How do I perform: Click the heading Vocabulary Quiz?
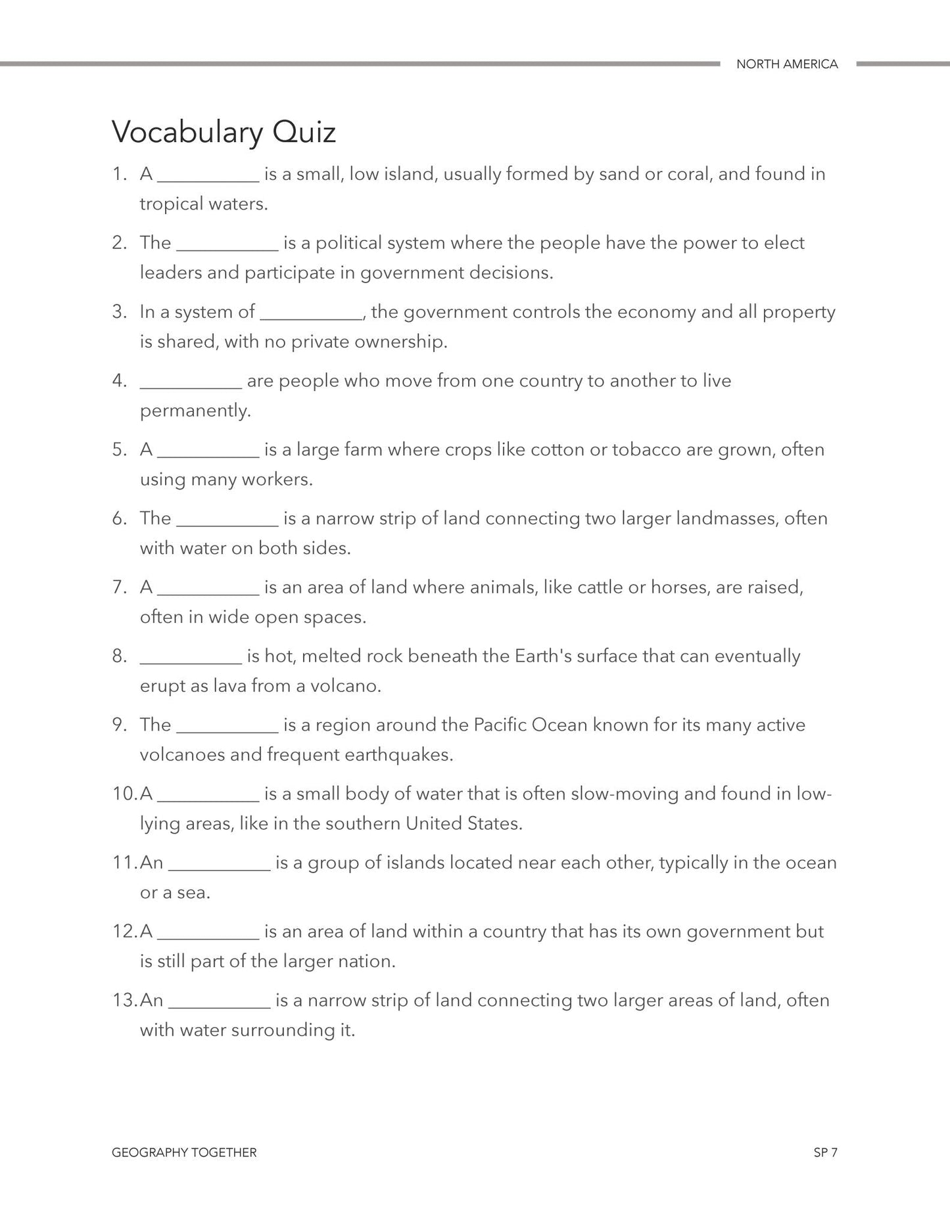[x=224, y=132]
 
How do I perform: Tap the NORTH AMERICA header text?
[x=787, y=64]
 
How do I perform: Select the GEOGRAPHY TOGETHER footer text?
[x=184, y=1152]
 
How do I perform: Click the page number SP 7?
[x=825, y=1152]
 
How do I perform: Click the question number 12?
[x=123, y=932]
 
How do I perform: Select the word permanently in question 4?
[x=195, y=411]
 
